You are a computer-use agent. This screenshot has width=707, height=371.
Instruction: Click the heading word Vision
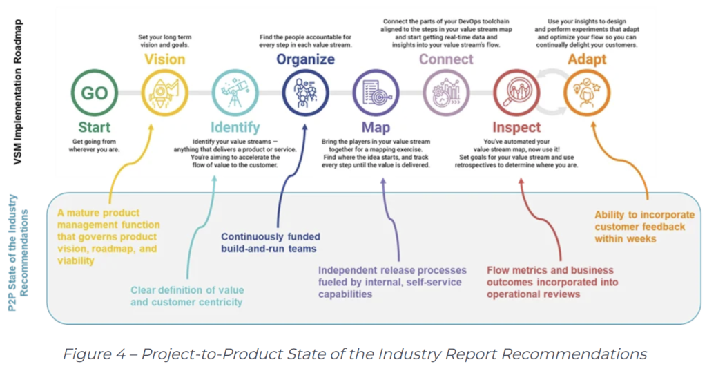point(164,59)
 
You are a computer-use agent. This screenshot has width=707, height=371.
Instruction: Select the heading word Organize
point(305,59)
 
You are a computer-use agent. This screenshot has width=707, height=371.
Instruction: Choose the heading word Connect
point(446,59)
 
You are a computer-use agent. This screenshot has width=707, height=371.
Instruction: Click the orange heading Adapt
point(587,59)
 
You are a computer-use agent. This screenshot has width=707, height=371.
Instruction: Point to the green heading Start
point(94,127)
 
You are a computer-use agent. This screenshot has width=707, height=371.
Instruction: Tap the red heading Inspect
point(516,128)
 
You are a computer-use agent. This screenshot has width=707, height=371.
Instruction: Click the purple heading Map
point(376,128)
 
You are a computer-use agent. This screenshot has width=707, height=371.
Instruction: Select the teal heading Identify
point(235,128)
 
